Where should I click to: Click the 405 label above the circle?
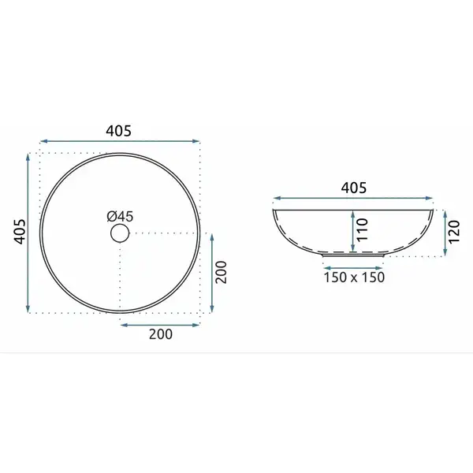(x=118, y=131)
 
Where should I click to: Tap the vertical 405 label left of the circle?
(x=20, y=231)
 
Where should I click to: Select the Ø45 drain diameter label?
(x=120, y=216)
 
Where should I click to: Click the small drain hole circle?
(x=120, y=233)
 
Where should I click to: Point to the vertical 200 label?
(x=222, y=272)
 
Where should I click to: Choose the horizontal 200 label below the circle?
(x=161, y=334)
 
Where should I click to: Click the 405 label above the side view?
(x=353, y=188)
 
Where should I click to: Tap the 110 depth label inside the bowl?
(x=363, y=230)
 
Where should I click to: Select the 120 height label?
(x=454, y=231)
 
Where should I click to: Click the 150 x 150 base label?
(x=354, y=277)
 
